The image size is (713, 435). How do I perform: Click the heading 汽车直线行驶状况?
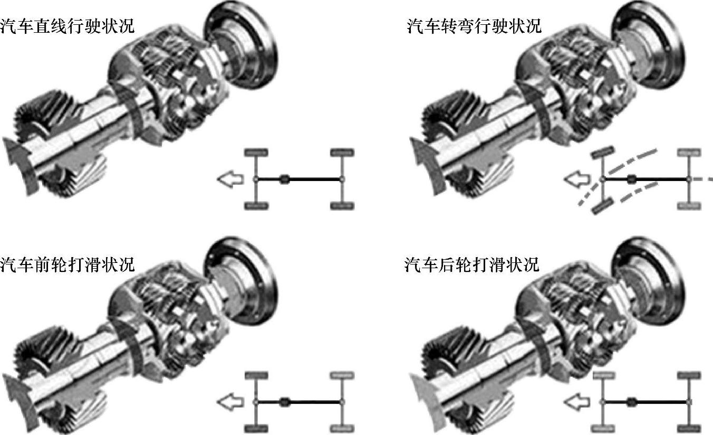tap(67, 26)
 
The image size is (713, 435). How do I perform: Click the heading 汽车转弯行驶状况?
tap(474, 26)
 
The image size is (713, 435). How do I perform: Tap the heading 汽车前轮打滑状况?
tap(67, 265)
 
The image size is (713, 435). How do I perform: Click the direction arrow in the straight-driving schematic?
tap(230, 179)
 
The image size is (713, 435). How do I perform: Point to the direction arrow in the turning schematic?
tap(577, 179)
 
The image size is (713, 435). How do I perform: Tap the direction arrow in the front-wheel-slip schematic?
tap(230, 402)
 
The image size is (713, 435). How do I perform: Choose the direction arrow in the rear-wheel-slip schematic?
tap(577, 402)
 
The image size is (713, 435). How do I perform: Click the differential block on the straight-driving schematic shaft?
tap(285, 179)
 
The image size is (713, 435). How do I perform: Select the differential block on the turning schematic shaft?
tap(631, 179)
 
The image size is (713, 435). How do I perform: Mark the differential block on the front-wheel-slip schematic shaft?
tap(285, 402)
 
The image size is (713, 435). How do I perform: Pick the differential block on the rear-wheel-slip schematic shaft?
tap(631, 402)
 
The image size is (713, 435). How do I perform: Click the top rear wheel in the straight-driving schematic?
tap(342, 153)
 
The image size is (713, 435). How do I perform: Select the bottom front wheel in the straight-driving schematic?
tap(256, 205)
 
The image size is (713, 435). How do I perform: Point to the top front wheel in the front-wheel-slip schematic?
tap(256, 375)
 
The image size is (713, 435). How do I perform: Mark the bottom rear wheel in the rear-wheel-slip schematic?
tap(689, 429)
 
